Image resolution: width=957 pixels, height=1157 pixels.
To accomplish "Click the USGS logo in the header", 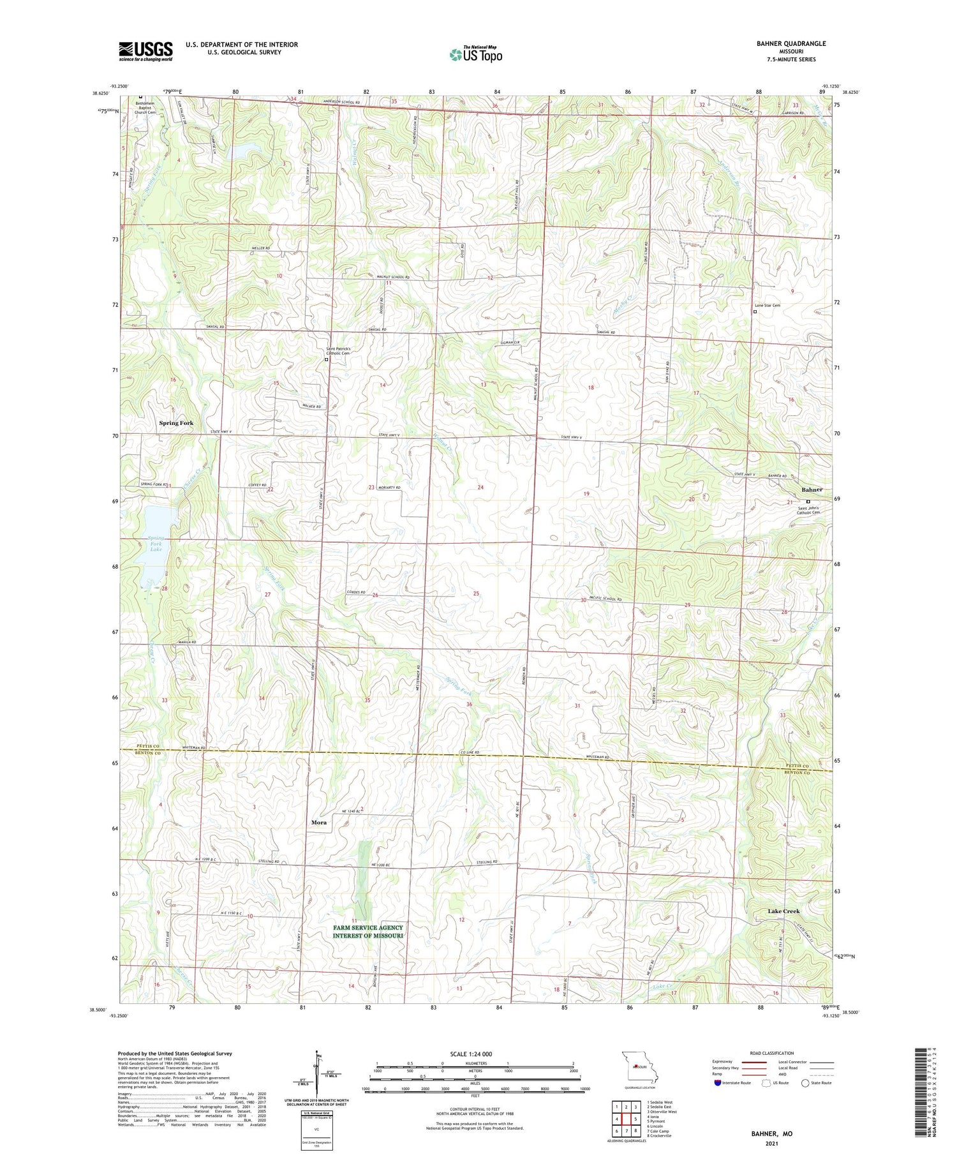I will [x=145, y=51].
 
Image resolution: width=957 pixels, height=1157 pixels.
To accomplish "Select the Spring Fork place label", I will [x=176, y=423].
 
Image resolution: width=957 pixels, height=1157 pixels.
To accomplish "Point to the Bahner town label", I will [x=812, y=489].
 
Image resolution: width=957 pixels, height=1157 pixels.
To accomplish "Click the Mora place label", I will [x=319, y=823].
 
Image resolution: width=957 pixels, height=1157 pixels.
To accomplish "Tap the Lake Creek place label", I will [x=783, y=911].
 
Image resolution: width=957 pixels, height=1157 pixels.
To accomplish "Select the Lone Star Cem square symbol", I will [x=755, y=312].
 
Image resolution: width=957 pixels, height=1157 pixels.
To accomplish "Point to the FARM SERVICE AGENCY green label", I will [x=367, y=932].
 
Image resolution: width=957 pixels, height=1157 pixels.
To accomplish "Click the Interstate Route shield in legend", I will [x=718, y=1082].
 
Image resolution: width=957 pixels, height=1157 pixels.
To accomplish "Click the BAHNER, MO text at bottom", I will [x=771, y=1133].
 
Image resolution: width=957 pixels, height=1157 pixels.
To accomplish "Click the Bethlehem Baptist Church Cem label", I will [x=146, y=107].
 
